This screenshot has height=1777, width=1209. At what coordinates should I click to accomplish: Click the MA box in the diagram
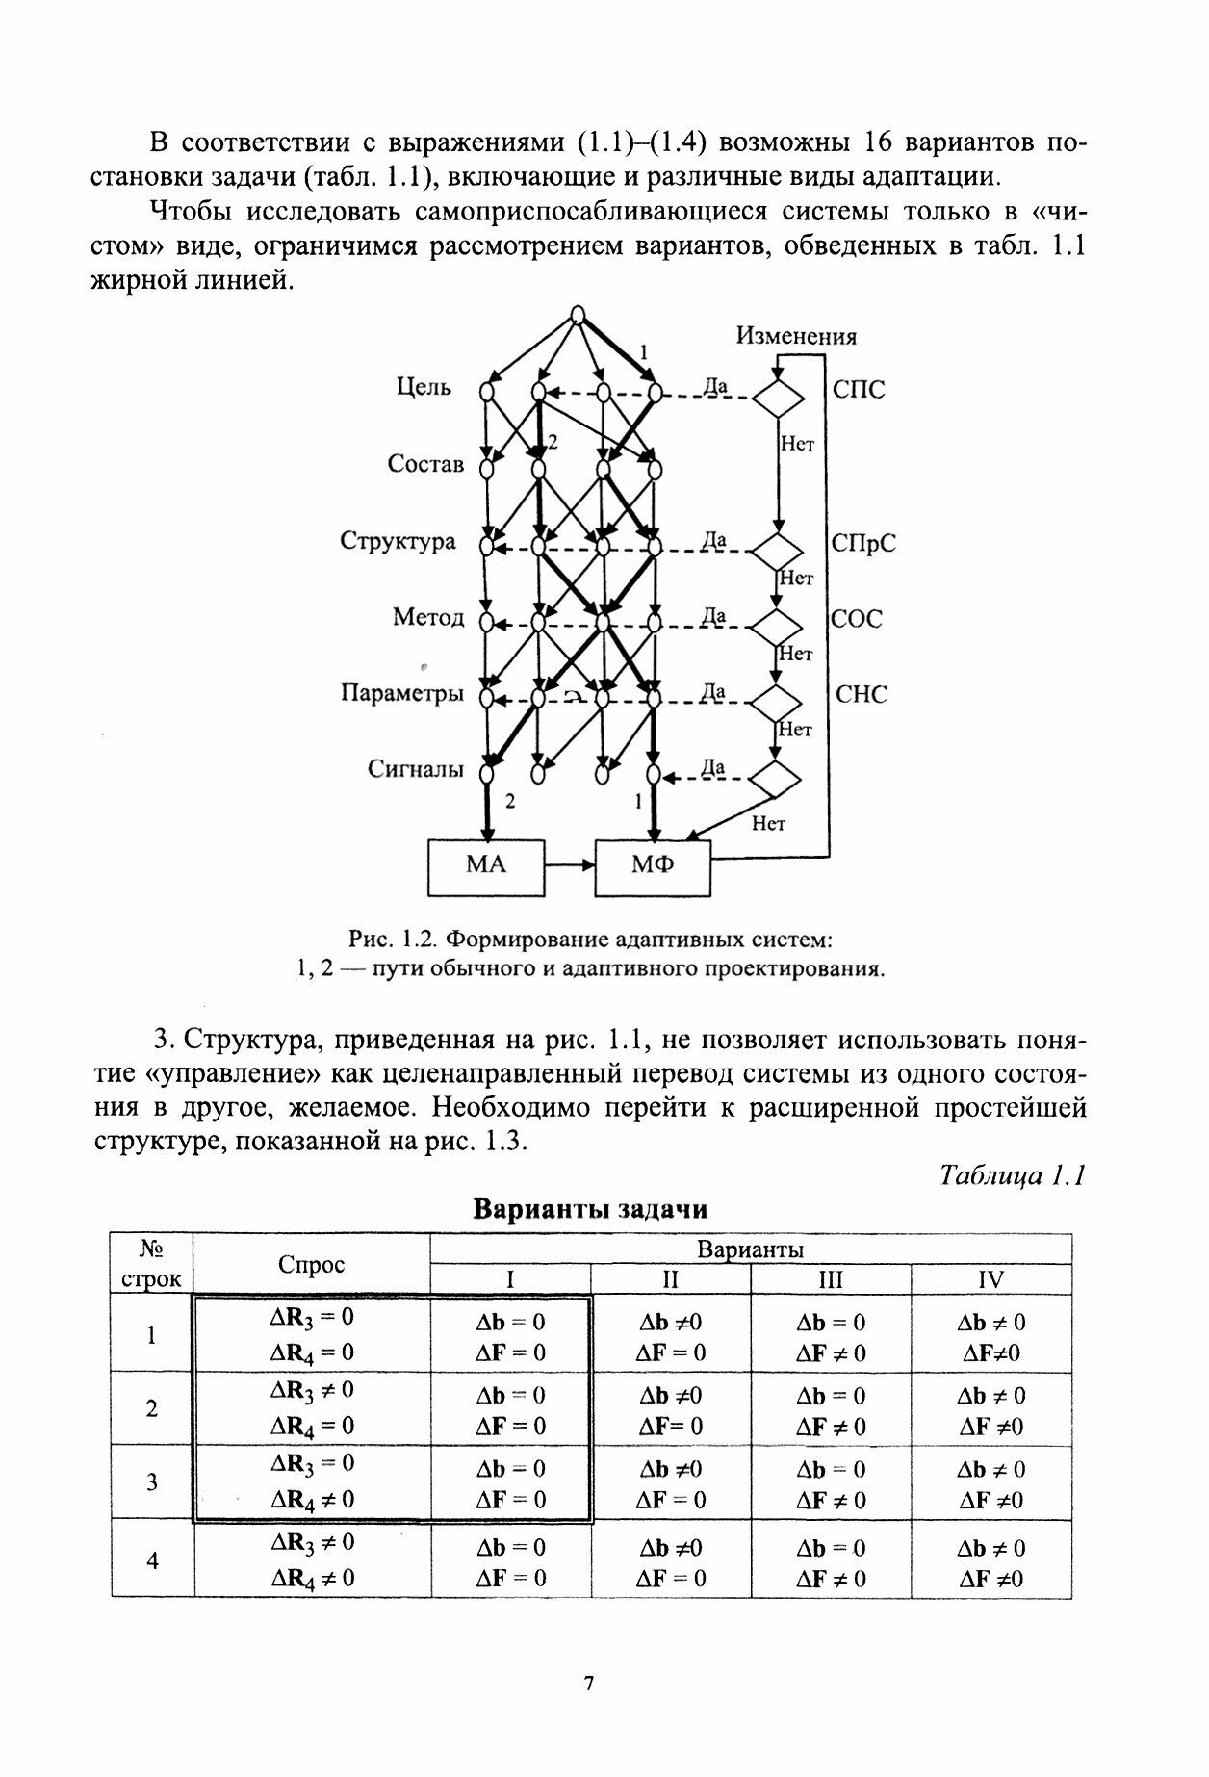pyautogui.click(x=485, y=865)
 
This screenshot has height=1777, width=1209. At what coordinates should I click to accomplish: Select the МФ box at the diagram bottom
pyautogui.click(x=653, y=865)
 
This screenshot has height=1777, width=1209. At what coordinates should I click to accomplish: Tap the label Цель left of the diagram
pyautogui.click(x=424, y=388)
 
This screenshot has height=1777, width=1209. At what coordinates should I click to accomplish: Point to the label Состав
pyautogui.click(x=425, y=464)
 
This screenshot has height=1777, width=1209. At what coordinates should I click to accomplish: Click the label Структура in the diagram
pyautogui.click(x=398, y=541)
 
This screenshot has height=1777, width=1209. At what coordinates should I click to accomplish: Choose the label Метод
pyautogui.click(x=428, y=617)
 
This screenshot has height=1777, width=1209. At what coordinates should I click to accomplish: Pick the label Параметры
pyautogui.click(x=402, y=693)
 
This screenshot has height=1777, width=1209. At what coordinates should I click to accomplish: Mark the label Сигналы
pyautogui.click(x=416, y=769)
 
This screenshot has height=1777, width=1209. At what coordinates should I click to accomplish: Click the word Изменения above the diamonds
pyautogui.click(x=796, y=336)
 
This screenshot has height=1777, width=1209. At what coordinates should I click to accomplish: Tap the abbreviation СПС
pyautogui.click(x=859, y=390)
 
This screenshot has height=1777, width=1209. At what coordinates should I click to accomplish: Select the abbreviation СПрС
pyautogui.click(x=863, y=543)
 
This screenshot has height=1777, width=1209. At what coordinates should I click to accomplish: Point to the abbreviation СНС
pyautogui.click(x=861, y=694)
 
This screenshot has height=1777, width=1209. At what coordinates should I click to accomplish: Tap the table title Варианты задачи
pyautogui.click(x=591, y=1209)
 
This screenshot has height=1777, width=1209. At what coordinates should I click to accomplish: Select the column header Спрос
pyautogui.click(x=311, y=1265)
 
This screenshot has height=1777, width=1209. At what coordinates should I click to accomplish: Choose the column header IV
pyautogui.click(x=990, y=1279)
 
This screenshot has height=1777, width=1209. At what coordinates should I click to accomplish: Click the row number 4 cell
pyautogui.click(x=152, y=1560)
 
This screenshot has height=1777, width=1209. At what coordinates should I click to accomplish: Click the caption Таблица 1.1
pyautogui.click(x=1012, y=1175)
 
